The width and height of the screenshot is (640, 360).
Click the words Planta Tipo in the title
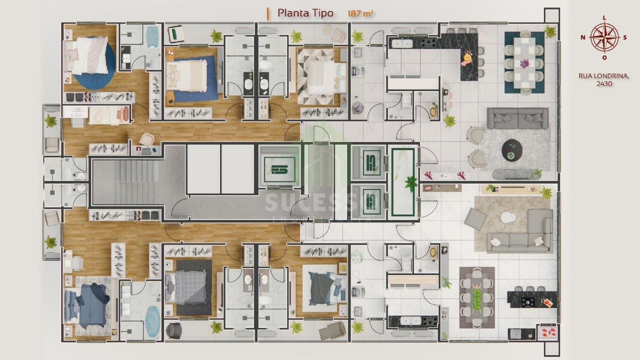point(305,13)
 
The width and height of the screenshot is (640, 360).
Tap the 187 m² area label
point(360,13)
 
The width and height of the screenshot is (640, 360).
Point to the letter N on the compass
point(583,37)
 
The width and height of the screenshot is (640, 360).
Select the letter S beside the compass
point(625,37)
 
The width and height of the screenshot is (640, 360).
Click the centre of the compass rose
point(604,37)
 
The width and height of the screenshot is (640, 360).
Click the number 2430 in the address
point(604,83)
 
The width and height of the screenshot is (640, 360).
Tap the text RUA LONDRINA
point(603,76)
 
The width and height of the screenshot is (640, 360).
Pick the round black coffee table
point(512,150)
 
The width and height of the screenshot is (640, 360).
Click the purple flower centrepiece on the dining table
point(524,63)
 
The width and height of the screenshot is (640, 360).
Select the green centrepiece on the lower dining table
point(476,299)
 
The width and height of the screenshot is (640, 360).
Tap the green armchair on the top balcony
point(176,34)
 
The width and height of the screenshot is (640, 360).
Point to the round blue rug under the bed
point(97,63)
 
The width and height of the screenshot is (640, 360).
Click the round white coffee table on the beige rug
point(508,217)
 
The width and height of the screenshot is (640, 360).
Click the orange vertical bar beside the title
point(267,13)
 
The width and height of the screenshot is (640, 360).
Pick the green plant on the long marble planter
point(411,183)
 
